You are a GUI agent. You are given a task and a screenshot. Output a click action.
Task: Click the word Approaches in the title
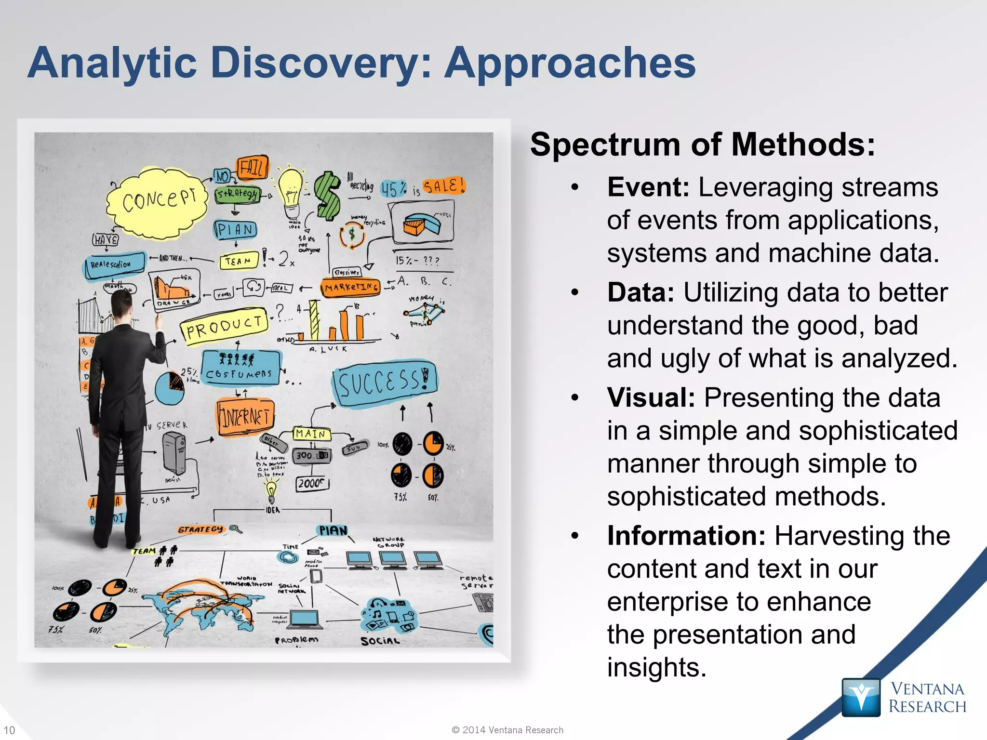[570, 64]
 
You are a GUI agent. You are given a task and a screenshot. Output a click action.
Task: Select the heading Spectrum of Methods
[702, 145]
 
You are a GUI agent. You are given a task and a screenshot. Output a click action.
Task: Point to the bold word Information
[686, 536]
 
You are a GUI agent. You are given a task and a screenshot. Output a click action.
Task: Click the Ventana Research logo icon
[861, 697]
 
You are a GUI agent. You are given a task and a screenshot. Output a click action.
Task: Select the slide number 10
[9, 730]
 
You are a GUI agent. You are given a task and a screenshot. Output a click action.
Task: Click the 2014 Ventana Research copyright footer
[507, 730]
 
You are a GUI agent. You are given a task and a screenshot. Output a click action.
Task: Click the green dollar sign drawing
[327, 195]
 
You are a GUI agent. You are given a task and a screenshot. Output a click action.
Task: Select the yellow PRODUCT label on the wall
[225, 327]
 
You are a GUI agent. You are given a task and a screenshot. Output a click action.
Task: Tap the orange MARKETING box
[351, 288]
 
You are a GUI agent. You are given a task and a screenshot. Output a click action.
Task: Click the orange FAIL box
[252, 168]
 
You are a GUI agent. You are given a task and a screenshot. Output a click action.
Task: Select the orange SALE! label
[444, 186]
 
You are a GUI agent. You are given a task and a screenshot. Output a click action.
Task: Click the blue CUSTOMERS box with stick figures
[240, 368]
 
